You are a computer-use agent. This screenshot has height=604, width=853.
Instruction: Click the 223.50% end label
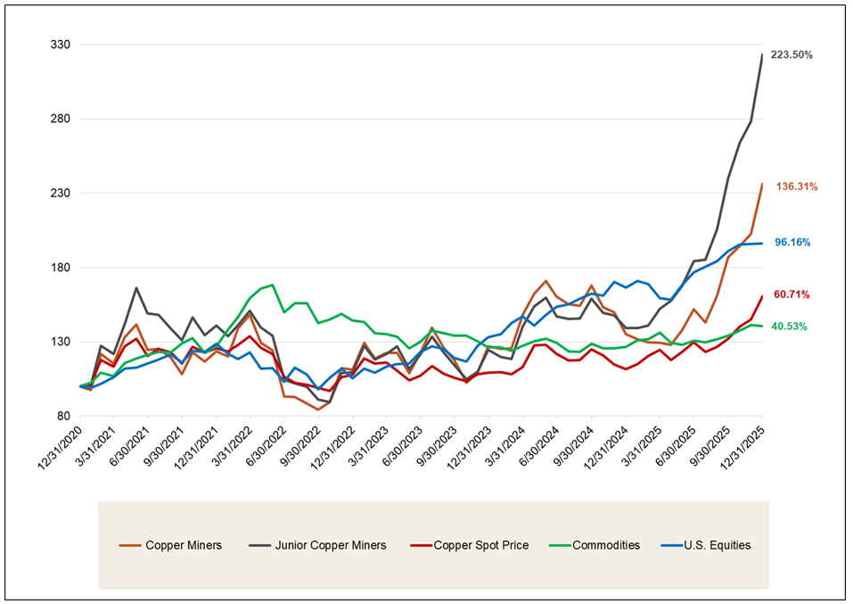coord(791,55)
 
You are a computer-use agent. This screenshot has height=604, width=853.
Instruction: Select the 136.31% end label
coord(797,187)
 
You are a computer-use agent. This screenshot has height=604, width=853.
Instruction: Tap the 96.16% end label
coord(791,243)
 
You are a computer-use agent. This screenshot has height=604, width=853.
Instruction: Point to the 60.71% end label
coord(791,294)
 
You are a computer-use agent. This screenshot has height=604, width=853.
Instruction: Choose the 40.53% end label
coord(789,327)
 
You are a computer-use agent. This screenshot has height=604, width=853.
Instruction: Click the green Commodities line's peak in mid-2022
coord(272,285)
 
